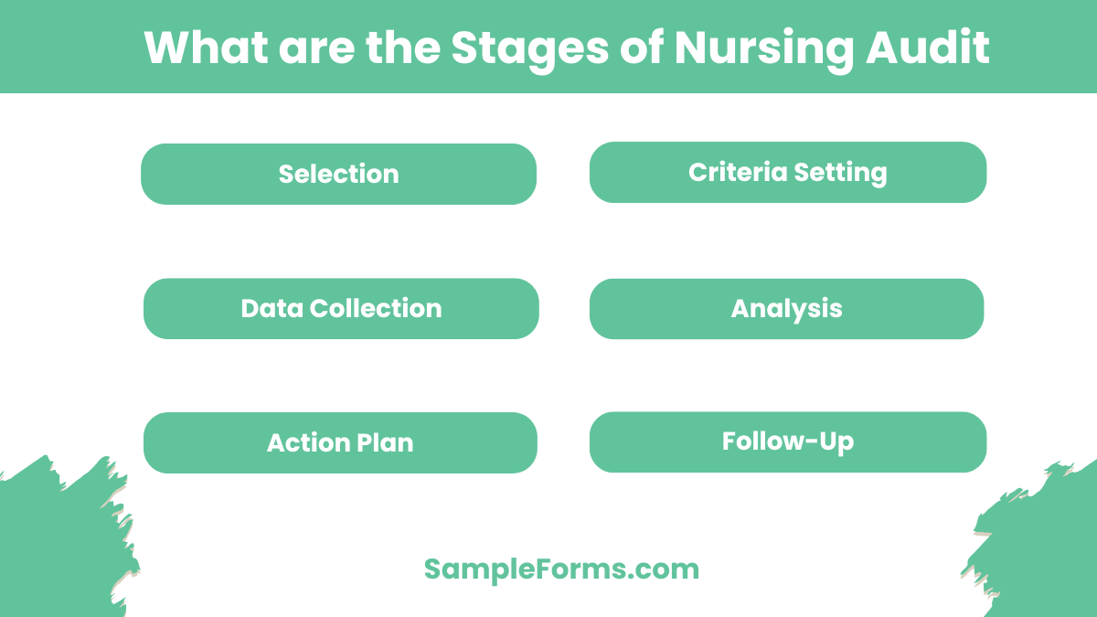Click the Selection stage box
(338, 174)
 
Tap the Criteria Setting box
(788, 172)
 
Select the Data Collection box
(341, 309)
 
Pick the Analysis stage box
(786, 309)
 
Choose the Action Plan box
(340, 443)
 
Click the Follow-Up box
(788, 442)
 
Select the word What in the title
(204, 48)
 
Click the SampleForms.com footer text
(561, 569)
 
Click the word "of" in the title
(639, 48)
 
